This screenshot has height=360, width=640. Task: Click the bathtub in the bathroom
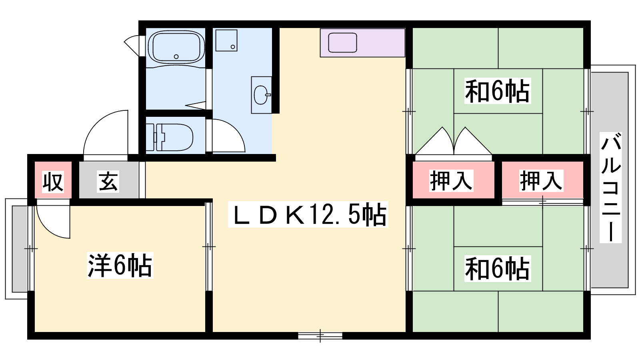coord(176,47)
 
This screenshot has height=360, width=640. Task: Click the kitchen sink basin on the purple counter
coord(342,42)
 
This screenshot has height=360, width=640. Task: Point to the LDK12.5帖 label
coord(308,214)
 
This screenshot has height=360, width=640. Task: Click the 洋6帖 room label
coord(120,265)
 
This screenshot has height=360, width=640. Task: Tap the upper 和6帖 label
coord(498,91)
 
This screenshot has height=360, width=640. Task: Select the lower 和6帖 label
coord(498,268)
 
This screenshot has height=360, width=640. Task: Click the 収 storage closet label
coord(53,182)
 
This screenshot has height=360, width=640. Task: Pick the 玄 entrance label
coord(108,181)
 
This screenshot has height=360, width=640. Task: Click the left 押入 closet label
coord(451,180)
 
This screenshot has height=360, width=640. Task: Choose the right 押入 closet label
coord(541,180)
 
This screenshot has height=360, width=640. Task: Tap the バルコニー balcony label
coord(610,188)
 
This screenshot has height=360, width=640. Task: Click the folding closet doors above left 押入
coord(454,141)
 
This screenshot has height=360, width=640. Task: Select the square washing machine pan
coord(226,40)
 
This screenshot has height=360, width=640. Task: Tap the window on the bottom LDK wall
coord(320,336)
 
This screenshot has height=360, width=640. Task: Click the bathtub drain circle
coord(176,56)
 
